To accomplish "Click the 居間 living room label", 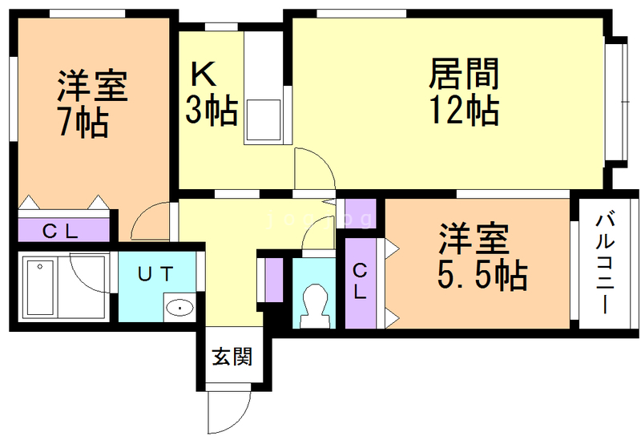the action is pos(464,74).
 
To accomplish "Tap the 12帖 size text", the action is pos(464,109).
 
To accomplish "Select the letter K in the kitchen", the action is pos(204,74).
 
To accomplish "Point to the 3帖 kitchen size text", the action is pos(211,110).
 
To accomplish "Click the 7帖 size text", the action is pos(83,122).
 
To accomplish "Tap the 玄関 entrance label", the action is pos(232,356).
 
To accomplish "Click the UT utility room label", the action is pos(155,273).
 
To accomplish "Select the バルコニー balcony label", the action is pos(605,263).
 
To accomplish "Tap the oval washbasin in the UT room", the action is pos(179,307).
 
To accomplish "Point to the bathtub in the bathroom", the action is pos(40,288).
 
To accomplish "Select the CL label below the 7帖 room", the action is pos(60,232).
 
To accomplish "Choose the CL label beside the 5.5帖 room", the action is pos(360,281).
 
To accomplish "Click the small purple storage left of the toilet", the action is pos(274,280).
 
